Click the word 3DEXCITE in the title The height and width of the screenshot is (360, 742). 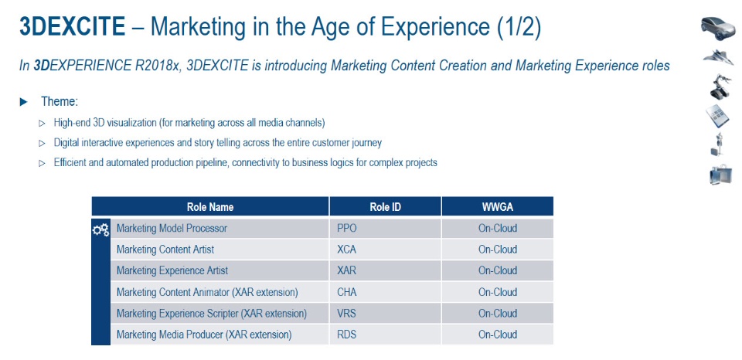[x=72, y=27]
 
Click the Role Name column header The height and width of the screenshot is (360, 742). [x=209, y=207]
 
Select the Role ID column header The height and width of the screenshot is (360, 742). [x=385, y=207]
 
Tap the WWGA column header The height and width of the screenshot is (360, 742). [x=497, y=207]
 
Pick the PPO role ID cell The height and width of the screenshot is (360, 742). [x=347, y=229]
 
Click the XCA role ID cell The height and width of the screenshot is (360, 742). [x=347, y=250]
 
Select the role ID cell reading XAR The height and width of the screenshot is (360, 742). [x=347, y=271]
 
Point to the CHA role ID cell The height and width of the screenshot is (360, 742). [x=347, y=292]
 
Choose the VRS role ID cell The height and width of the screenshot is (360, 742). [x=347, y=314]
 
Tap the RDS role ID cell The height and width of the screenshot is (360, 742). [x=347, y=335]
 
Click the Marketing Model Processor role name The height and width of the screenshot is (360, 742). [x=172, y=229]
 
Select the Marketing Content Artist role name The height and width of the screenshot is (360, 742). [x=165, y=250]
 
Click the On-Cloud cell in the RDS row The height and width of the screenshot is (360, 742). [x=497, y=335]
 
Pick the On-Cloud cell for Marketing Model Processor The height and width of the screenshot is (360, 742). [x=497, y=229]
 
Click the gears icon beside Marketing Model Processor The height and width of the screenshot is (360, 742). [x=100, y=229]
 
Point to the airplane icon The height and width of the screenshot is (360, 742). [x=718, y=57]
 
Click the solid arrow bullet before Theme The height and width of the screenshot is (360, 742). [x=24, y=102]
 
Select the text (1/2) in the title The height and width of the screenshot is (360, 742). [x=517, y=27]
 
